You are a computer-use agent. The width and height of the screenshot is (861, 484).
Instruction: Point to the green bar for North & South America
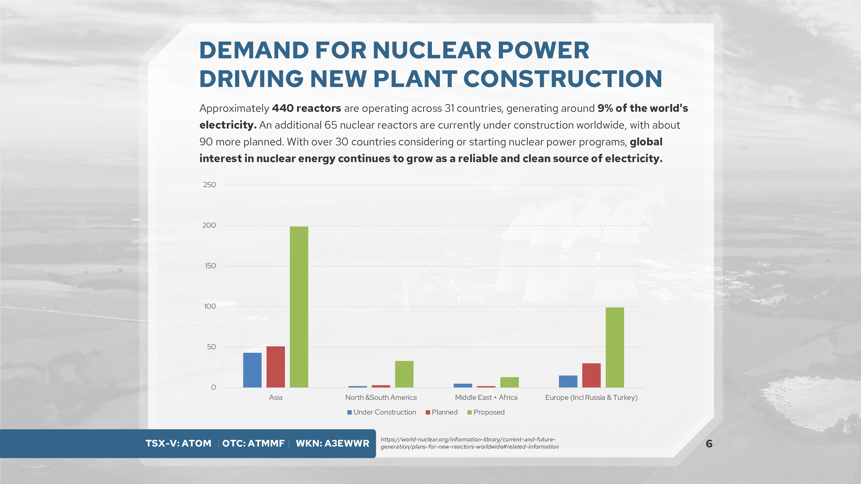pos(404,374)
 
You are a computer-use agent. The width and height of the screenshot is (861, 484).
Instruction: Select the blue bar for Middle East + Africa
pos(463,385)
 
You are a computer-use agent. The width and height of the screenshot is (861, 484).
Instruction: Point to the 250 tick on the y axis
pos(209,185)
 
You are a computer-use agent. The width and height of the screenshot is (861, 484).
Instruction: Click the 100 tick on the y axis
pos(210,306)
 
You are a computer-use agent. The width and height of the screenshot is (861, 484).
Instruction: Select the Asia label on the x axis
pos(275,398)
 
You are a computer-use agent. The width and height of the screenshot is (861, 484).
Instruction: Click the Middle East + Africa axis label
pos(486,398)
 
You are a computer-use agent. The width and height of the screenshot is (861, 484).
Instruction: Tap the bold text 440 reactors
pos(306,108)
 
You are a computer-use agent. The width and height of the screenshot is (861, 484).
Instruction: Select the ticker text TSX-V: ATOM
pos(178,443)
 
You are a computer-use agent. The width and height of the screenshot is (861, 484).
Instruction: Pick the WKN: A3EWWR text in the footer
pos(332,443)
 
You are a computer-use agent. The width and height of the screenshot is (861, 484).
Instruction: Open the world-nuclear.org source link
pos(469,443)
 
